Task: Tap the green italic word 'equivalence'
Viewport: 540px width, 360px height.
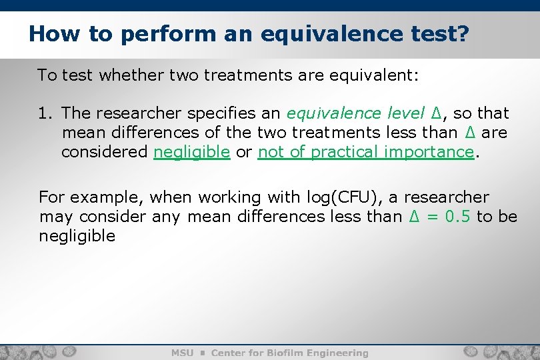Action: point(330,113)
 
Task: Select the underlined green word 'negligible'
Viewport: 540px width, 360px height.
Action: point(192,152)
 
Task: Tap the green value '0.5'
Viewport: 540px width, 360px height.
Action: point(457,217)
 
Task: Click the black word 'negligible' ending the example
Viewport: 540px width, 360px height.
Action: point(77,236)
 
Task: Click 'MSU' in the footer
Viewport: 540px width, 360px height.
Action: point(183,353)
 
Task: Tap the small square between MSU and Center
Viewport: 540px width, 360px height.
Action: point(202,353)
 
